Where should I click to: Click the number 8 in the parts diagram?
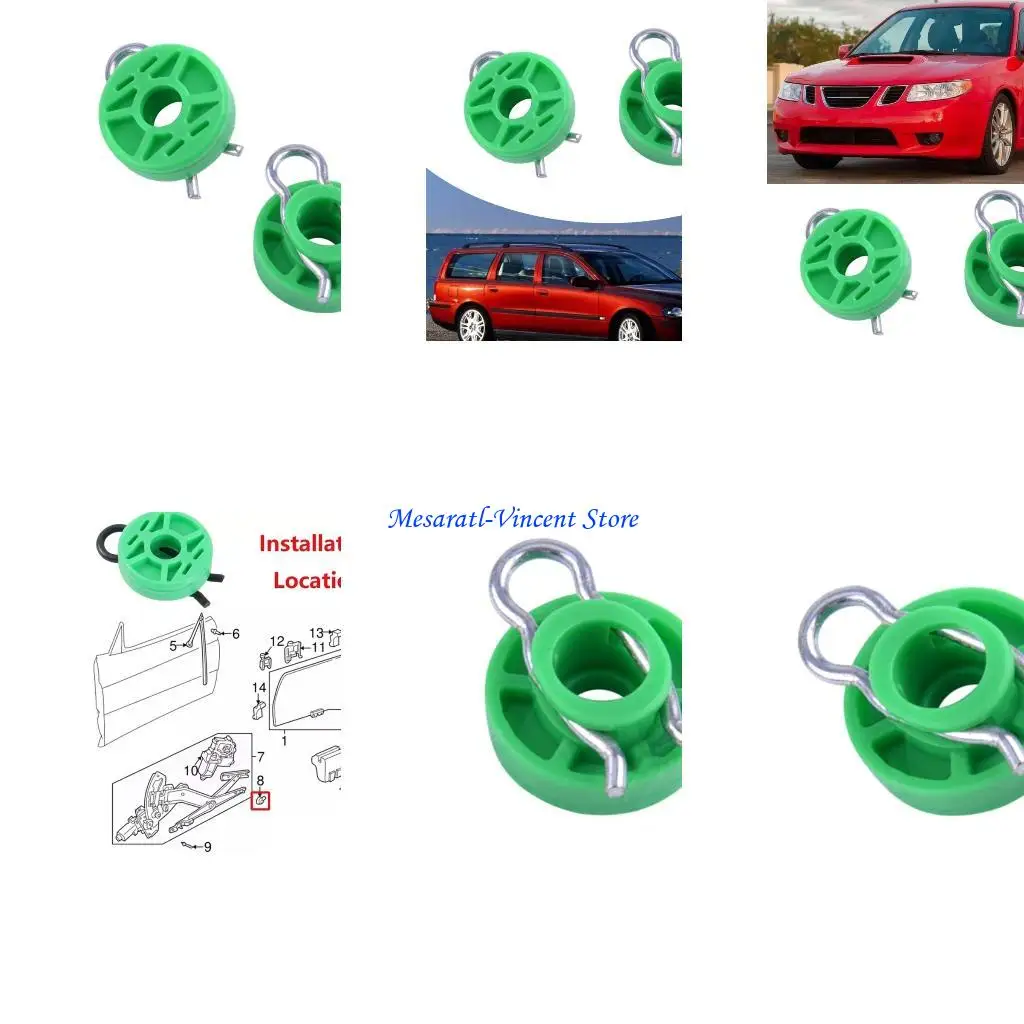(x=260, y=780)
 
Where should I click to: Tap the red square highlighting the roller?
(x=260, y=800)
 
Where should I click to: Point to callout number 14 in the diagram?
(x=259, y=687)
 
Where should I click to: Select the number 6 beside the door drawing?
(x=236, y=634)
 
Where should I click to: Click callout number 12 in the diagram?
(x=278, y=641)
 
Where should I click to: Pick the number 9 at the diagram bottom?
(x=208, y=847)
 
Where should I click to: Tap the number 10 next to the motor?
(x=191, y=770)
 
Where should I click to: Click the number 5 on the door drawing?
(x=172, y=646)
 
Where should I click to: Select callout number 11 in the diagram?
(x=318, y=648)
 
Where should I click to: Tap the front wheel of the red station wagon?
(x=629, y=328)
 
